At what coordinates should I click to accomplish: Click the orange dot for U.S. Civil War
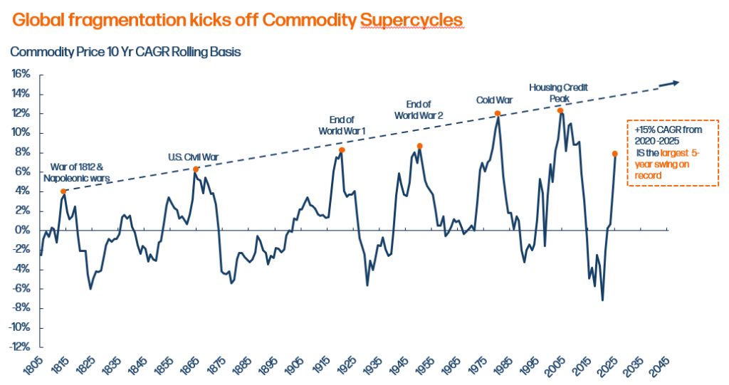196,169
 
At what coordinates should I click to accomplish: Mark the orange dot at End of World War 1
342,149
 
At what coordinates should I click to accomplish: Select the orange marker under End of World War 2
420,146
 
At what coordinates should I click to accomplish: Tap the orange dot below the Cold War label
497,113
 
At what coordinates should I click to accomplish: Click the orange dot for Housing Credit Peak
560,110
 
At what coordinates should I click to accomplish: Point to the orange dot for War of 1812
63,191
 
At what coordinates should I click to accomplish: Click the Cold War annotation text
494,100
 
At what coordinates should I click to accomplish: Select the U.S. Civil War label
194,157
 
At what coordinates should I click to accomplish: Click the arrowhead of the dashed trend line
674,83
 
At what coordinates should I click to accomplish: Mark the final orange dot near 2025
614,154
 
